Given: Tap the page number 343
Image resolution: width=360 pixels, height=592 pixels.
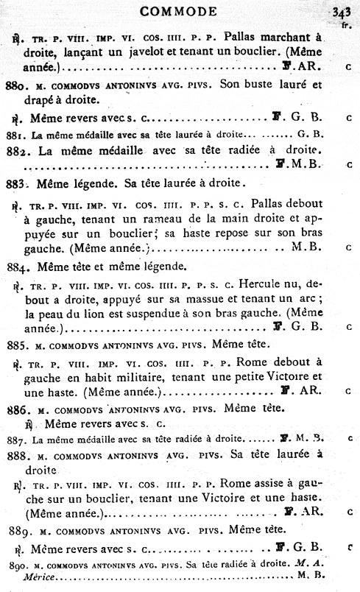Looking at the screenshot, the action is tap(341, 11).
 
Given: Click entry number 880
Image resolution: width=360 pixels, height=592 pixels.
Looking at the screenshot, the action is tap(15, 85).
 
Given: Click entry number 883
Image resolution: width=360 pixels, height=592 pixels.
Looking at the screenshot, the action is tap(16, 182).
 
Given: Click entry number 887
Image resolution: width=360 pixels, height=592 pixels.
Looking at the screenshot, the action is tap(14, 440).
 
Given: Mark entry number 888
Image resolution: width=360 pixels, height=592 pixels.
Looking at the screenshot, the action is tap(16, 455).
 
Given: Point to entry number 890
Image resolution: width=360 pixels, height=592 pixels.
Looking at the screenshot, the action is tap(14, 564).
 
